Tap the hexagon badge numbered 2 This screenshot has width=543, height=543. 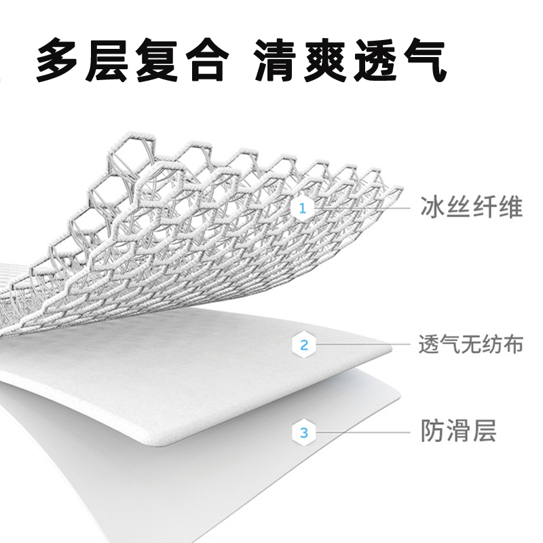coord(303,345)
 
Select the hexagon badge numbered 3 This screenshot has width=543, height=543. coord(303,431)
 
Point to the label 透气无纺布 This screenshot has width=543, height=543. coord(472,345)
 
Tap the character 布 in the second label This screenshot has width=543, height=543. coord(513,345)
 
